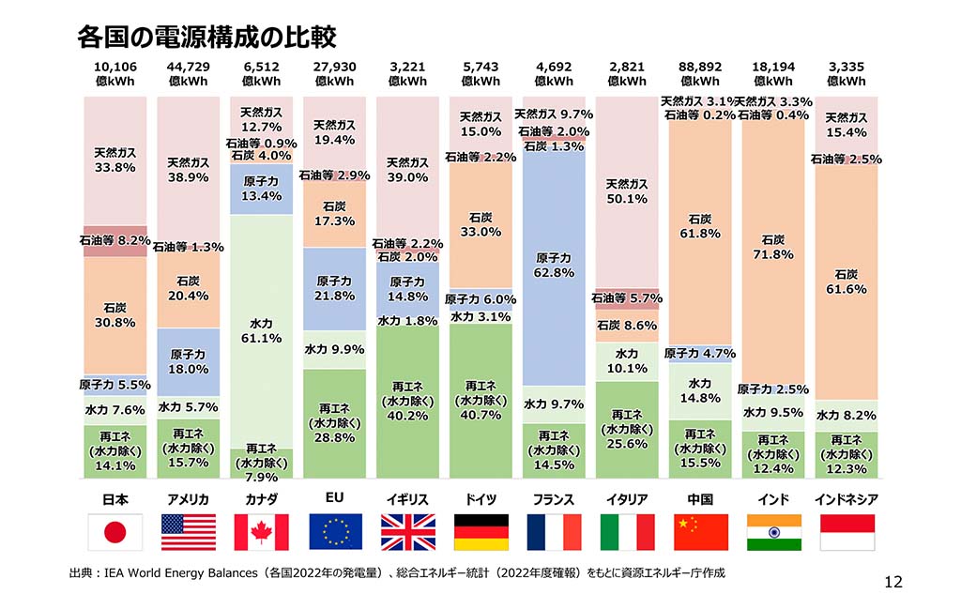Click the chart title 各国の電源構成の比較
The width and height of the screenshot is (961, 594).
pyautogui.click(x=206, y=38)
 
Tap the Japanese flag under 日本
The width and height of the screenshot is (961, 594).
pyautogui.click(x=114, y=532)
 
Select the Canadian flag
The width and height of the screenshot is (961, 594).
pyautogui.click(x=261, y=532)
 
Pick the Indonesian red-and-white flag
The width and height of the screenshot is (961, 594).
pyautogui.click(x=847, y=532)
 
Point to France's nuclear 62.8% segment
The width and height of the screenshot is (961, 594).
pyautogui.click(x=554, y=265)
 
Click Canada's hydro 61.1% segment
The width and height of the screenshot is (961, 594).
pyautogui.click(x=262, y=330)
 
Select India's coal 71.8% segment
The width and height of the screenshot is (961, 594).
pyautogui.click(x=773, y=247)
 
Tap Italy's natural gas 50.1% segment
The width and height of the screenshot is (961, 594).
pyautogui.click(x=627, y=191)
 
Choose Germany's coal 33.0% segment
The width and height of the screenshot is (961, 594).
pyautogui.click(x=480, y=224)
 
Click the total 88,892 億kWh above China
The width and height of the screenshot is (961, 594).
pyautogui.click(x=700, y=73)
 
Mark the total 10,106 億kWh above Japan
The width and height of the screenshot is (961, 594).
pyautogui.click(x=114, y=73)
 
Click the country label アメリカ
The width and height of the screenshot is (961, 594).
pyautogui.click(x=188, y=499)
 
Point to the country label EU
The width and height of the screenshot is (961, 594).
pyautogui.click(x=334, y=499)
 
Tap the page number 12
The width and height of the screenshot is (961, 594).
pyautogui.click(x=892, y=582)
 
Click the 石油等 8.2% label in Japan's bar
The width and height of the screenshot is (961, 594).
pyautogui.click(x=114, y=240)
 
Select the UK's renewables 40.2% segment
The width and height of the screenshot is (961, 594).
pyautogui.click(x=407, y=402)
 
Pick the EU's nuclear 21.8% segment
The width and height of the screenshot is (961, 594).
pyautogui.click(x=334, y=288)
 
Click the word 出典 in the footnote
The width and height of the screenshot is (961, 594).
pyautogui.click(x=82, y=571)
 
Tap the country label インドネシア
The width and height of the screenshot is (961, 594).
pyautogui.click(x=847, y=499)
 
